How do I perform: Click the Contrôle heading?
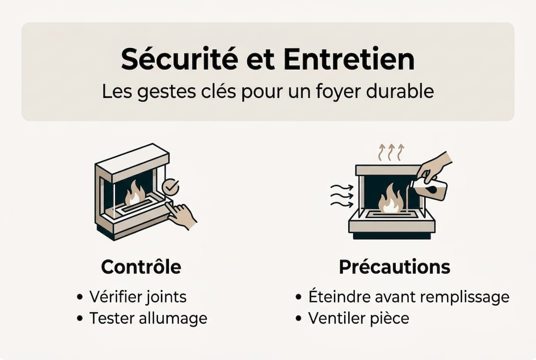pos(141,267)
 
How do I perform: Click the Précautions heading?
pos(394,267)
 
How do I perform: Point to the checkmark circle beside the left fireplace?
pos(170,187)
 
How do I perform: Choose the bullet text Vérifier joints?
pos(137,296)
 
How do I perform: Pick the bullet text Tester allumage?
pos(148,318)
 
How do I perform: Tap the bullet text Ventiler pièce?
pos(358,318)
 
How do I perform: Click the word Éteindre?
pos(337,296)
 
